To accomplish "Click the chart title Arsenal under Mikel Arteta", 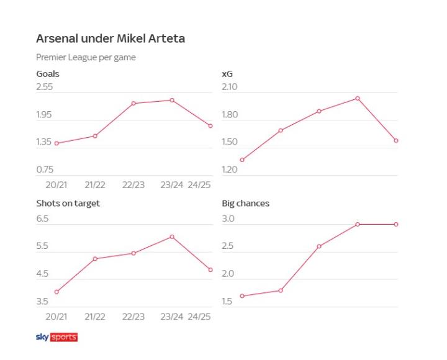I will [x=111, y=38].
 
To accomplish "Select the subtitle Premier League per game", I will [x=86, y=58].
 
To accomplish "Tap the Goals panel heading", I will [x=48, y=74].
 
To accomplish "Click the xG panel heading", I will [x=227, y=74].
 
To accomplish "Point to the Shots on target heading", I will [x=68, y=203].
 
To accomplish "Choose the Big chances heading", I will [x=245, y=203].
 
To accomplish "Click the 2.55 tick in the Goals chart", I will [x=45, y=88].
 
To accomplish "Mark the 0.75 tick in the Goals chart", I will [x=45, y=169].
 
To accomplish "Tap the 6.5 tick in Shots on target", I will [x=42, y=219].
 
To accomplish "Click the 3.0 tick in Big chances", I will [x=228, y=219].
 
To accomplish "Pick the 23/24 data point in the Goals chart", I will [x=172, y=100].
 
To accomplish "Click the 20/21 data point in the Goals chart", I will [x=56, y=143].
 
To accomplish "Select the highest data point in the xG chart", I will [x=358, y=98].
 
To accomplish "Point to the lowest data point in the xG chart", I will [x=242, y=160].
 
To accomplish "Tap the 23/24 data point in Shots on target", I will [x=172, y=236].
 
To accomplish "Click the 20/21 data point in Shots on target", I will [x=56, y=292].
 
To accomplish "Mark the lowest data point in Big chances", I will [x=242, y=296].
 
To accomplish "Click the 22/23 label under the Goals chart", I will [x=133, y=185].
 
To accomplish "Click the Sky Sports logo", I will [x=56, y=337].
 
